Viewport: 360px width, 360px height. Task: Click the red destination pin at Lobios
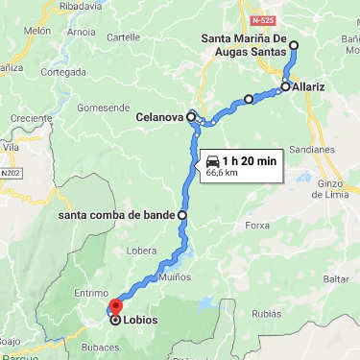coord(113,307)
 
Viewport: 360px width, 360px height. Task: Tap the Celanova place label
coord(159,117)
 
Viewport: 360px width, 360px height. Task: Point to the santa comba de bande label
coord(116,215)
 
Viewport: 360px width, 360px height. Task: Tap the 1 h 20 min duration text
coord(249,160)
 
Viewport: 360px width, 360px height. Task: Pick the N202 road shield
coord(11,173)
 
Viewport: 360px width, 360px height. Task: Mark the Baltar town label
coord(336,278)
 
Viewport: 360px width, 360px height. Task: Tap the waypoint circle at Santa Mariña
coord(293,45)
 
